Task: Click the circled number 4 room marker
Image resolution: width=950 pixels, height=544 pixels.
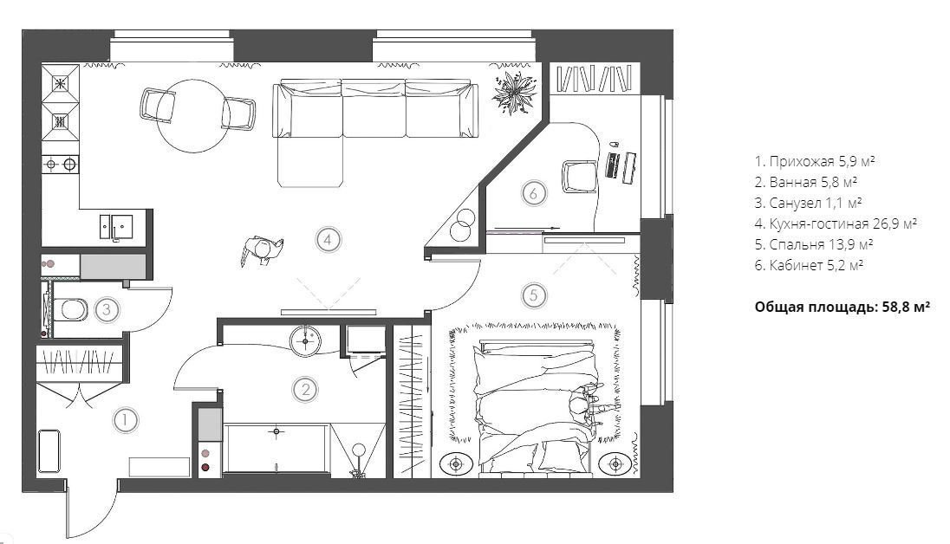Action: coord(328,240)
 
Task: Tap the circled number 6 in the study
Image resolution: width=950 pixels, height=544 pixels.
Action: coord(534,193)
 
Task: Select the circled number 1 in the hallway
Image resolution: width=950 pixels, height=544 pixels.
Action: coord(125,420)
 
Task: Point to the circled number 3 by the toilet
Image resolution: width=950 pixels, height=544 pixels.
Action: coord(107,309)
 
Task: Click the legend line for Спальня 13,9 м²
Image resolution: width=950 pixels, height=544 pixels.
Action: coord(814,244)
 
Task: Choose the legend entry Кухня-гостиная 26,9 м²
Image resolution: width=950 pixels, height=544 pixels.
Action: coord(836,223)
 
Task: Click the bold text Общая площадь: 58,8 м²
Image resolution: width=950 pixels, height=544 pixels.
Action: coord(843,307)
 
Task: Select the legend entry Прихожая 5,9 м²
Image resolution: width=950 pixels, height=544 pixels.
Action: coord(815,161)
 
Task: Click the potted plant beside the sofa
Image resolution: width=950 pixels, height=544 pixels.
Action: coord(515,92)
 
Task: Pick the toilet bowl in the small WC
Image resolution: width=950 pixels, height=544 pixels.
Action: coord(69,310)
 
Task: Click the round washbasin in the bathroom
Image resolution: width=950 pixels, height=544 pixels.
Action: coord(305,341)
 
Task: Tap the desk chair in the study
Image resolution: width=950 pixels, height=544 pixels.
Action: coord(580,177)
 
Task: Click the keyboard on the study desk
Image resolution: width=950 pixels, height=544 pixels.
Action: coord(613,165)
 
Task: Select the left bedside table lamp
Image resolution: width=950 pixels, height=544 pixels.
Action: coord(456,464)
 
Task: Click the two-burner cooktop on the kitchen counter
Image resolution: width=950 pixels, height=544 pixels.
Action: coord(61,164)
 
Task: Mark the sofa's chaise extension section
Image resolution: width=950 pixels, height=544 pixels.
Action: coord(309,162)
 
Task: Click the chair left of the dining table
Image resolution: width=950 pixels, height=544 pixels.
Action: coord(159,105)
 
